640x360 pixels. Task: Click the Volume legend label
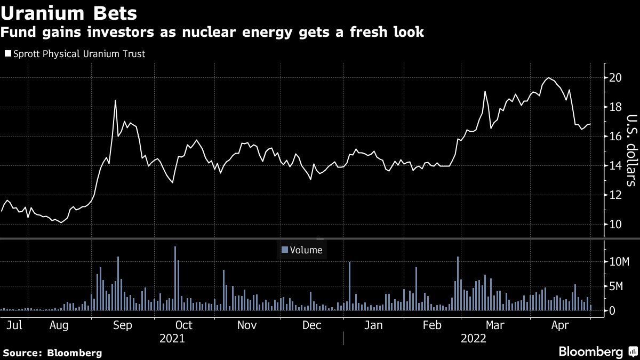coord(306,249)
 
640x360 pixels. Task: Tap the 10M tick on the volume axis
coord(618,262)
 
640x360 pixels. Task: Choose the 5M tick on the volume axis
coord(617,286)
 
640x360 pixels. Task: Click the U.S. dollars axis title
coord(631,150)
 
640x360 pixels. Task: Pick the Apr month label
coord(559,325)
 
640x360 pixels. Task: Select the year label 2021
coord(172,338)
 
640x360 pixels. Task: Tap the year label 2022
coord(473,338)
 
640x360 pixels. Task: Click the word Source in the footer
coord(22,353)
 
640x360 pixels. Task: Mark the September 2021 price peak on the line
coord(115,101)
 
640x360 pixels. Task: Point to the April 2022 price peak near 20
coord(548,78)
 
